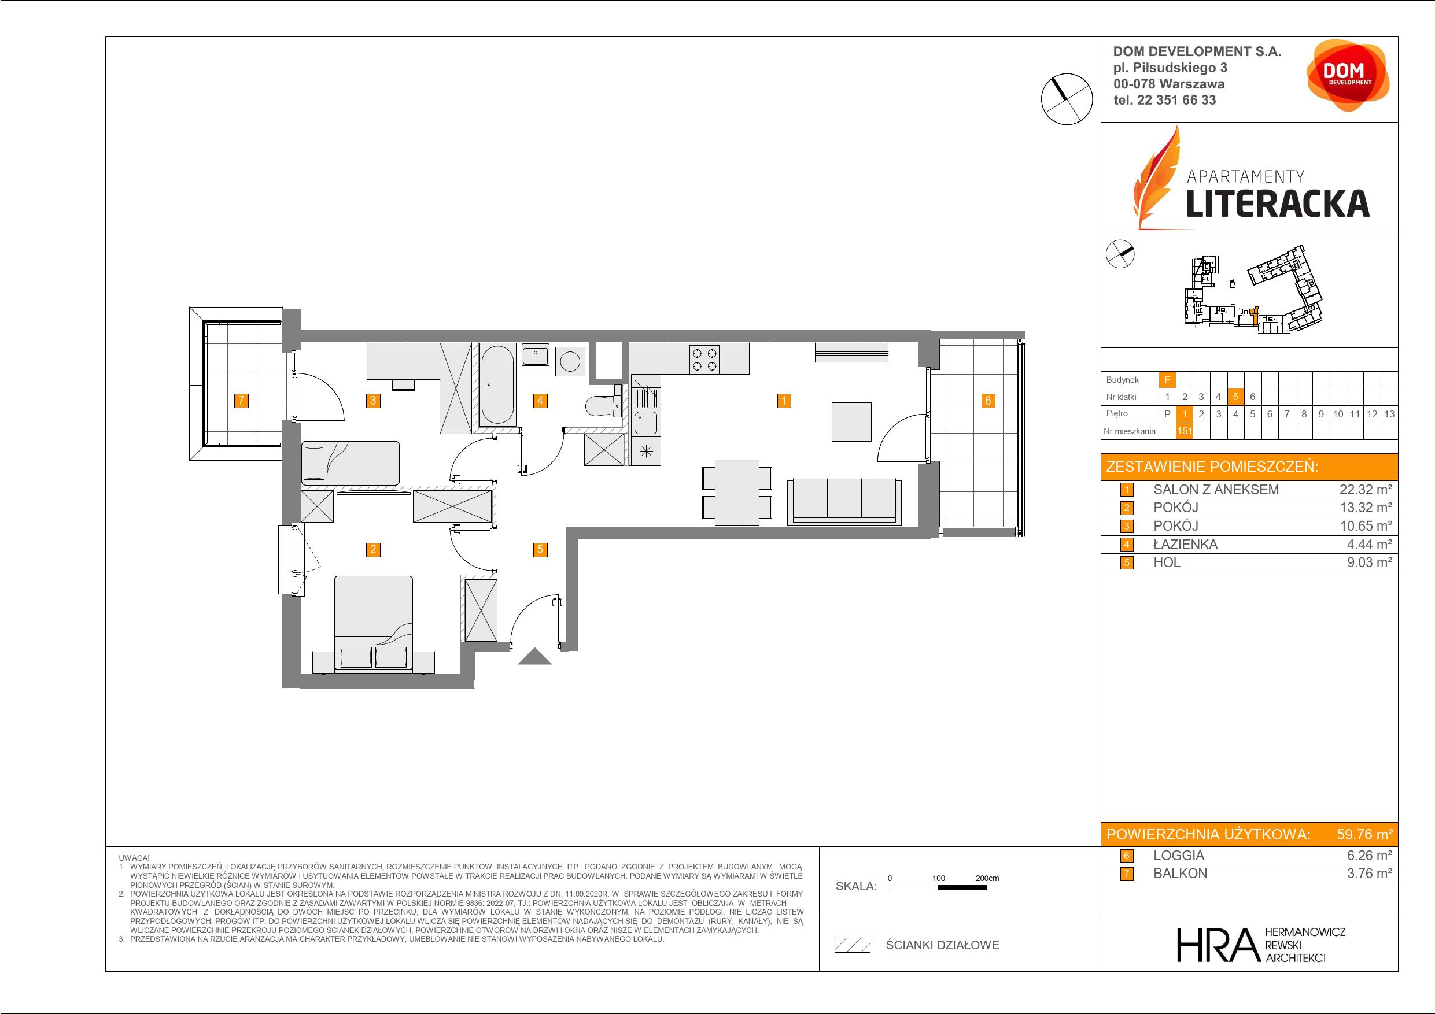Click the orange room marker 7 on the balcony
coord(241,401)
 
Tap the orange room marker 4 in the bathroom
coord(540,401)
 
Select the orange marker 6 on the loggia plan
coord(987,401)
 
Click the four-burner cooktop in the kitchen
coord(704,359)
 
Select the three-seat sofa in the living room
coord(844,501)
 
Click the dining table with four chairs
coord(737,493)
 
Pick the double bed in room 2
coord(374,624)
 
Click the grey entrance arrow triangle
coord(535,657)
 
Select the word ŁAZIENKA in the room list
coord(1185,545)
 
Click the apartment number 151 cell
coord(1184,431)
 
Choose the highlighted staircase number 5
coord(1235,397)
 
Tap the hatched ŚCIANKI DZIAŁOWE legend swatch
coord(853,945)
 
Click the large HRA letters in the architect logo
coord(1217,945)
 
